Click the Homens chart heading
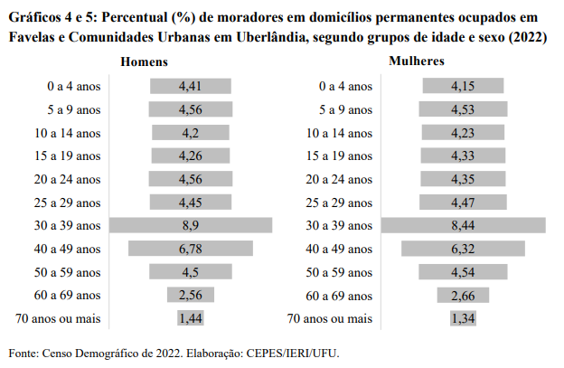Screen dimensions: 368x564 [x=147, y=61]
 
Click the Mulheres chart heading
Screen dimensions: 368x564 [x=416, y=61]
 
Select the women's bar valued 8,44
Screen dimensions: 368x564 [x=463, y=225]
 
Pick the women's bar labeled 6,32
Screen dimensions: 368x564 [x=463, y=248]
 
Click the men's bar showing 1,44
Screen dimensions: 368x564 [x=190, y=317]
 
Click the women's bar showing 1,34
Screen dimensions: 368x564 [x=463, y=317]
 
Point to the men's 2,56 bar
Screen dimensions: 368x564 [x=190, y=294]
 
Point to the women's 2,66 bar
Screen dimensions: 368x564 [x=463, y=294]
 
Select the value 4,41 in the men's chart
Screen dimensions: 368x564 [x=190, y=86]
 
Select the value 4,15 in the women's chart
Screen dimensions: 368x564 [x=463, y=86]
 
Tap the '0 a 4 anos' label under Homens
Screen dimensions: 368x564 [x=74, y=86]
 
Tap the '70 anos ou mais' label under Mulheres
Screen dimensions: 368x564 [x=329, y=318]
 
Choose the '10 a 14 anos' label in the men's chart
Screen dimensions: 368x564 [x=69, y=133]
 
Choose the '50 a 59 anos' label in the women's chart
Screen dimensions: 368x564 [x=340, y=271]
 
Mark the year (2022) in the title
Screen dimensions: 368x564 [x=526, y=37]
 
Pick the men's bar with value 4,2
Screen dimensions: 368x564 [x=190, y=132]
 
